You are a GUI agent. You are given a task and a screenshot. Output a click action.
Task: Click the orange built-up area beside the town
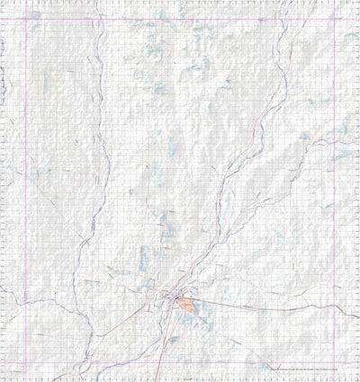click(187, 305)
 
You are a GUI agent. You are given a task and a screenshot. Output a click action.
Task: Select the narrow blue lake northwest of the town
click(144, 270)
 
